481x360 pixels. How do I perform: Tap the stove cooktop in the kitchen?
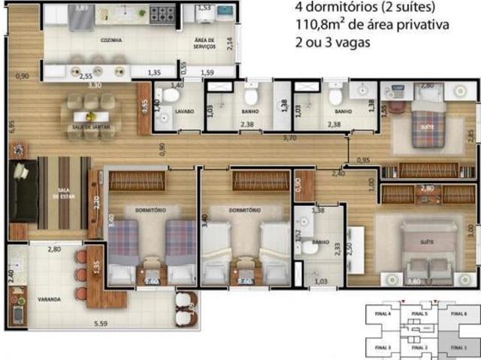click(x=162, y=13)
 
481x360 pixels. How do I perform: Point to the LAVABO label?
click(x=185, y=112)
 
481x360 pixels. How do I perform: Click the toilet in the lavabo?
click(x=172, y=95)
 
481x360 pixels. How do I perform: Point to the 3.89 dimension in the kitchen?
click(x=81, y=8)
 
